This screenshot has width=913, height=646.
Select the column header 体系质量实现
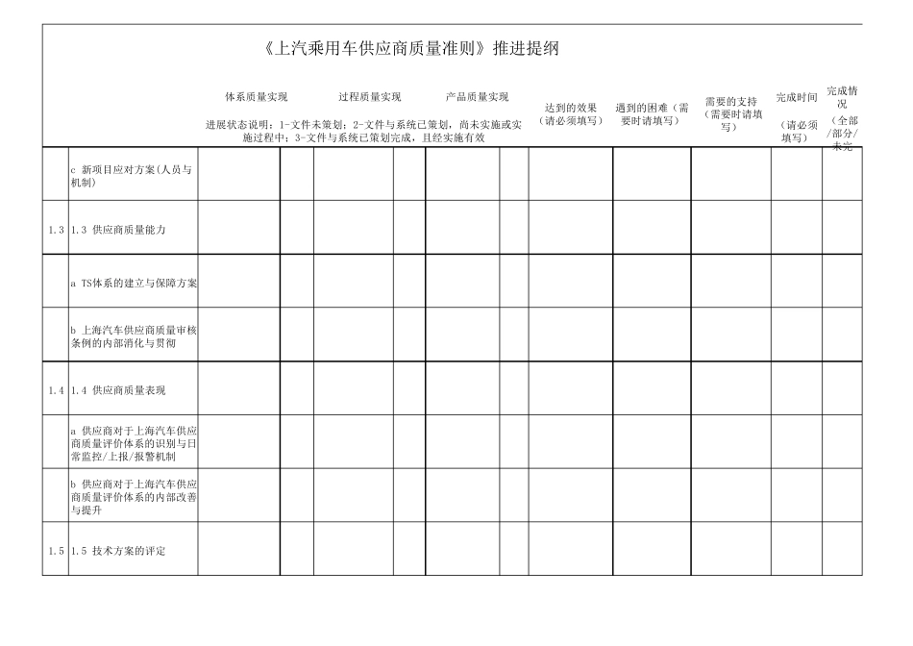[256, 97]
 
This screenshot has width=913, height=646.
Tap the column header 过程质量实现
[369, 97]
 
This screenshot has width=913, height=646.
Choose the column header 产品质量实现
[478, 97]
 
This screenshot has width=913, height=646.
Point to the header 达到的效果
[571, 108]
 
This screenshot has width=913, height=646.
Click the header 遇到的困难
[652, 108]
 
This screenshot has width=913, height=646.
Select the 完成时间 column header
[797, 98]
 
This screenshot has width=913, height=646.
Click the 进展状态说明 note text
[364, 131]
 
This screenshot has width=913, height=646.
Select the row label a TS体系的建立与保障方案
[134, 284]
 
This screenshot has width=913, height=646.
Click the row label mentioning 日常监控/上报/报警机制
[134, 444]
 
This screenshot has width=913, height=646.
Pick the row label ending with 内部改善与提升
[134, 497]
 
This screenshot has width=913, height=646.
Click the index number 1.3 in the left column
[56, 231]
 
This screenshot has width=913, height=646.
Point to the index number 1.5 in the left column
[56, 551]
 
